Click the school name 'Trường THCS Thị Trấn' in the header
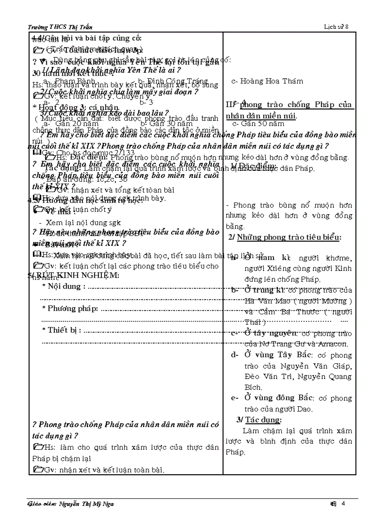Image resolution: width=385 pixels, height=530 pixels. click(x=59, y=28)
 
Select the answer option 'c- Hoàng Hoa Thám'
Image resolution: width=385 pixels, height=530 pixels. click(x=267, y=81)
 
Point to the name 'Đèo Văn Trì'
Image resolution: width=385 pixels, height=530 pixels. click(x=266, y=377)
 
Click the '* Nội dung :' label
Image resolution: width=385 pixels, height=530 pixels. click(x=64, y=286)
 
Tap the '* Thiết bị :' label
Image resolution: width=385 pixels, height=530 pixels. click(x=62, y=330)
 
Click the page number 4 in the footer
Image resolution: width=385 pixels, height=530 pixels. click(x=343, y=504)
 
